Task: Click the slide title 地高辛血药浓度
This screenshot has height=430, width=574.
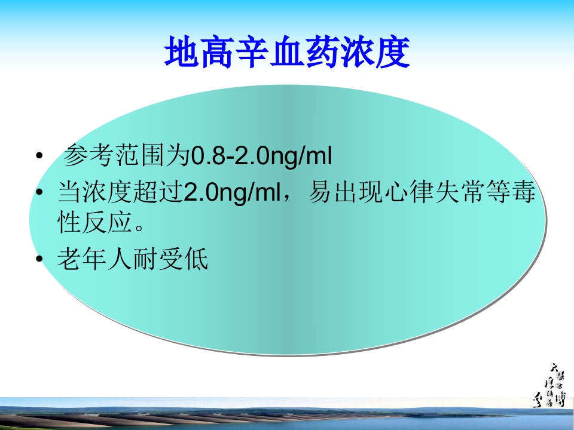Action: click(x=287, y=53)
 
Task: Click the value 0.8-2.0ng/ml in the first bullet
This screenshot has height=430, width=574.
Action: click(x=260, y=158)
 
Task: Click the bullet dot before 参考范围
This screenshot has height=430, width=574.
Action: click(x=39, y=158)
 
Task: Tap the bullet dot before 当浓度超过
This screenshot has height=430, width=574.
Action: click(x=39, y=193)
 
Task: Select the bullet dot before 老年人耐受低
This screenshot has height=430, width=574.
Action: click(x=39, y=260)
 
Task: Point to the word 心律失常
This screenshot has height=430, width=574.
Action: click(x=429, y=193)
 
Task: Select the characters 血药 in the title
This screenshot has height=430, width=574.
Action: click(x=287, y=53)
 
